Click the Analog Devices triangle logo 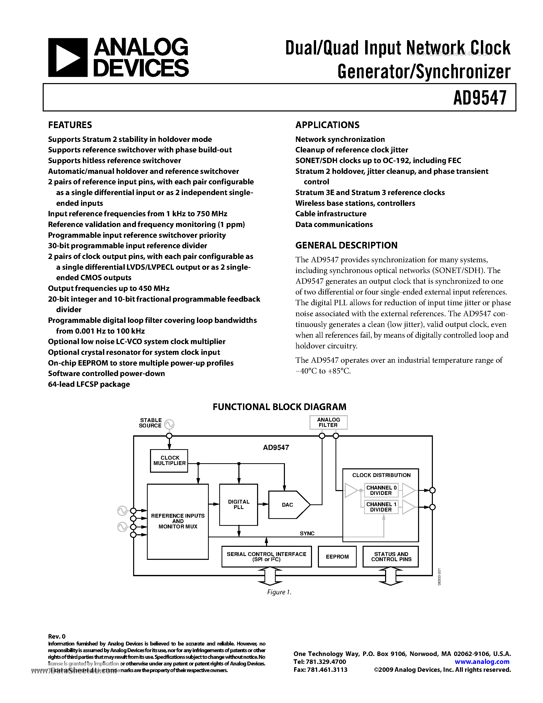(67, 58)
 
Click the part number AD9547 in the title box (480, 98)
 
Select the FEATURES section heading (70, 125)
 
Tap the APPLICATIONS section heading (327, 125)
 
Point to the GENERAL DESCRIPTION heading (346, 245)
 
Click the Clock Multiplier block (169, 461)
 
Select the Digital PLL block (238, 504)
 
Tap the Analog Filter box (328, 422)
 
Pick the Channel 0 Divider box (381, 490)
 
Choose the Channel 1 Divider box (381, 507)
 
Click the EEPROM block (337, 557)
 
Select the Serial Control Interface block (266, 557)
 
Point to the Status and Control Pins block (391, 557)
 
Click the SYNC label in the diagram (307, 533)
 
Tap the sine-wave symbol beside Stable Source (169, 425)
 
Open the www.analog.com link (482, 662)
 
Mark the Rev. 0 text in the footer (57, 636)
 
